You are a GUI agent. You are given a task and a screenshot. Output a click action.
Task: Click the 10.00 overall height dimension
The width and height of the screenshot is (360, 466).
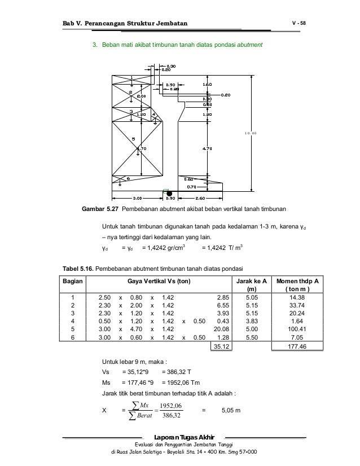tap(251, 133)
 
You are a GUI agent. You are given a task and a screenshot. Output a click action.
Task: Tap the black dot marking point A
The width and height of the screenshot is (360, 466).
tap(169, 193)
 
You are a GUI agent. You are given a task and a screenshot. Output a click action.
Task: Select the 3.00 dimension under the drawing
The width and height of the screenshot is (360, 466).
tap(137, 198)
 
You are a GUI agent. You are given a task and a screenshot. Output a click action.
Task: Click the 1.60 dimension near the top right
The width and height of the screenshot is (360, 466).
tap(207, 83)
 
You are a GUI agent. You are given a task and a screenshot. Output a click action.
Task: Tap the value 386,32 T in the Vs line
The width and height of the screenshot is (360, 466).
tap(176, 371)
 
